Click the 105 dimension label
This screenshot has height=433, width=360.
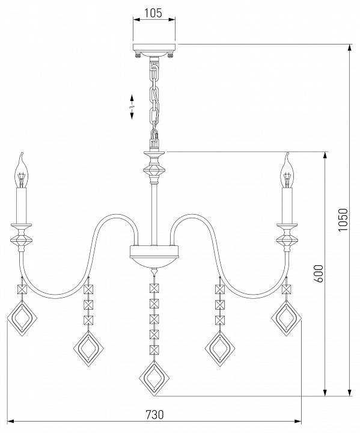click(x=153, y=13)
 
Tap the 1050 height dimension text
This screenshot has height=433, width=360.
click(x=343, y=220)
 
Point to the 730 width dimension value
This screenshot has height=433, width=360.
click(x=154, y=414)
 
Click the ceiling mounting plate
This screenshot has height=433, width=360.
click(x=154, y=48)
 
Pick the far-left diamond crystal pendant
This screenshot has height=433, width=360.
click(x=22, y=318)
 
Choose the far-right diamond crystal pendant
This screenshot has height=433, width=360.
click(x=286, y=318)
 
